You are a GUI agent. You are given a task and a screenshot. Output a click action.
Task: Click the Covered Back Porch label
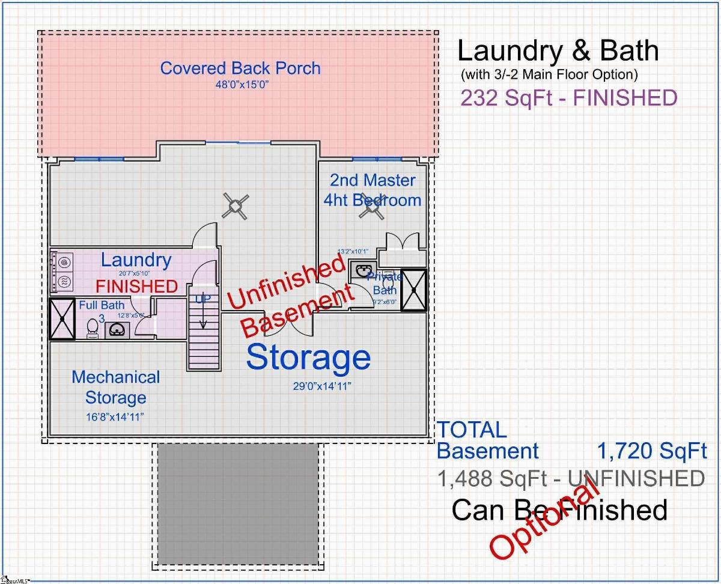240,68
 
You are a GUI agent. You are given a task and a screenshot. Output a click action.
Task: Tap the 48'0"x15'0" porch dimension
241,85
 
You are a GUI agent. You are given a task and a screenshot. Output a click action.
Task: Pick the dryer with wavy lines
62,281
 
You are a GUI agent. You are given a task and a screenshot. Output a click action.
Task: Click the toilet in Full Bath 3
92,328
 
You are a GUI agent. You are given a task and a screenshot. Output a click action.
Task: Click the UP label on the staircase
203,298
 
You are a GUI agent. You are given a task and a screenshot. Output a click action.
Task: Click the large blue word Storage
308,357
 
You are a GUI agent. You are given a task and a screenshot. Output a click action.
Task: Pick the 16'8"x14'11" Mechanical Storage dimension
115,416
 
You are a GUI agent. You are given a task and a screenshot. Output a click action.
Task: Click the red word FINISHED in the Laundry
137,286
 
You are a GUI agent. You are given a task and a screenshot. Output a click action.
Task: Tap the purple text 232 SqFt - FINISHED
568,97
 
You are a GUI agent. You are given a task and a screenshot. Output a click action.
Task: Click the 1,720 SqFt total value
652,451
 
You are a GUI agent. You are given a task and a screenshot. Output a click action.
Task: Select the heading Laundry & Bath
558,51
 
